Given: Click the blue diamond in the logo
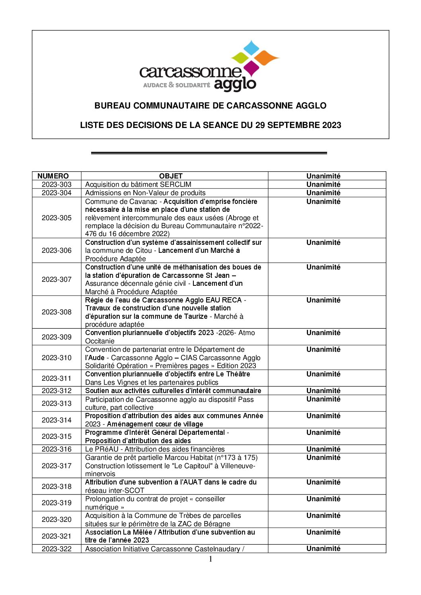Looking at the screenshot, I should click(251, 48).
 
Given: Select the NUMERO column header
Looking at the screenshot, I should click(53, 176).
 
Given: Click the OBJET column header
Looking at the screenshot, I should click(171, 176).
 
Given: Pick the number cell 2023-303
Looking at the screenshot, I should click(57, 184).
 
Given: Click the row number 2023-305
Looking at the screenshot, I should click(57, 218).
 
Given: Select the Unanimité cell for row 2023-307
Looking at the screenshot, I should click(323, 267).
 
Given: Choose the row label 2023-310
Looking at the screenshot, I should click(57, 358).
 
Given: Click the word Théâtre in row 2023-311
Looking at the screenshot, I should click(238, 374).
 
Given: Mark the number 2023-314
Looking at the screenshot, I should click(57, 420).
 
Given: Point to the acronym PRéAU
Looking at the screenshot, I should click(107, 449).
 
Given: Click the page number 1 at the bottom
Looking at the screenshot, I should click(210, 559).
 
